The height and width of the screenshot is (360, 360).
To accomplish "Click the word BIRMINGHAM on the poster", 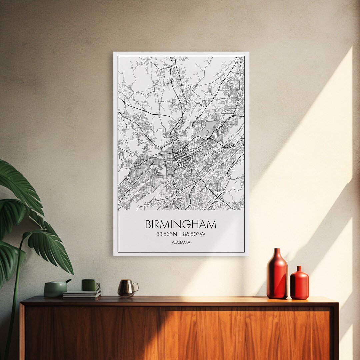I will [x=180, y=224].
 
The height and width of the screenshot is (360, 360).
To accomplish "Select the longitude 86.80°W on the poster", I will [x=194, y=234].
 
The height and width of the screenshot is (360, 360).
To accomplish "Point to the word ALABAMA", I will [x=181, y=242].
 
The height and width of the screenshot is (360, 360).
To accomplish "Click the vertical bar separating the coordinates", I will [x=180, y=234].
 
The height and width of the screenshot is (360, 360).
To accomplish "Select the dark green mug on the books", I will [x=90, y=285].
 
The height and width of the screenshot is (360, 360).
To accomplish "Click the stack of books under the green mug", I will [x=82, y=294].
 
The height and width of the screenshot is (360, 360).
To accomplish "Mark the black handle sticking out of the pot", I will [x=68, y=281].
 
